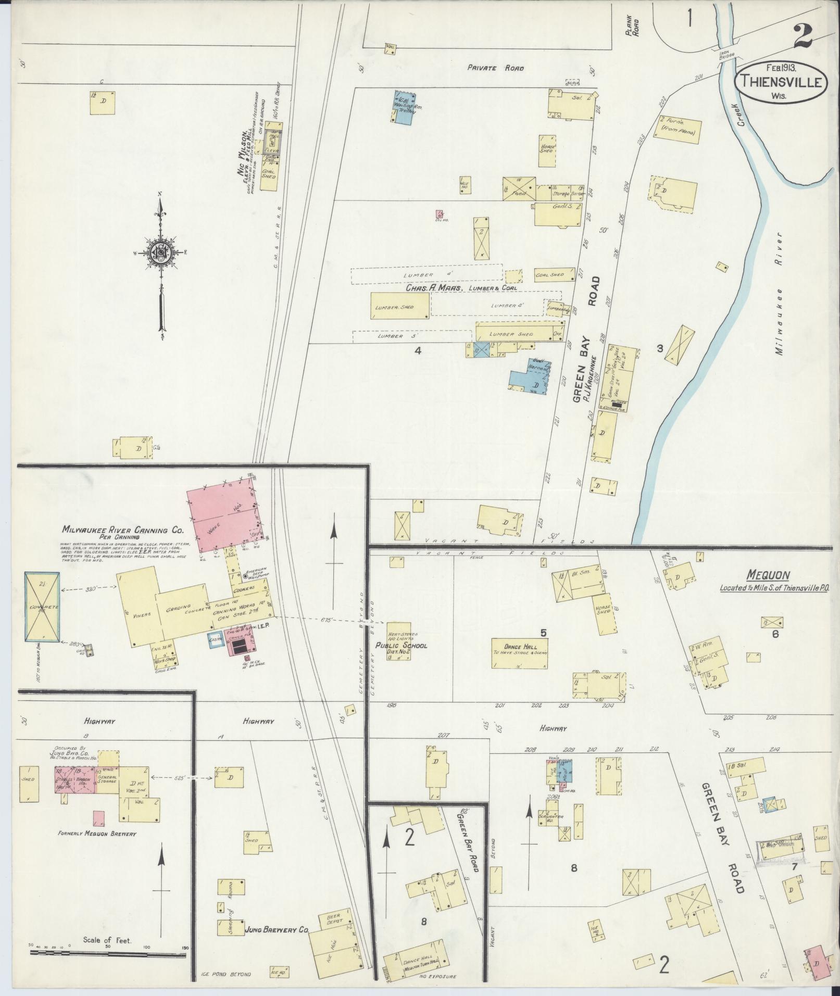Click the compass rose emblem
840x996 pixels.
(161, 252)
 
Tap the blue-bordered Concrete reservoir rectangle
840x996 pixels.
(42, 607)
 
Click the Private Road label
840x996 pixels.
(495, 68)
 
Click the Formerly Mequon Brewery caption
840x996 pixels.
(97, 834)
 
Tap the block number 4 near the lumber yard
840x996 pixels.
(417, 350)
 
